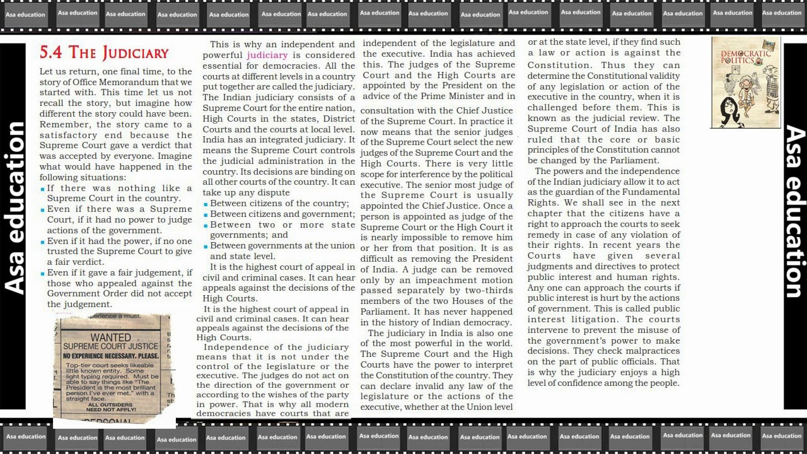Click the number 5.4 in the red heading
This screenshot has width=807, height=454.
pos(50,52)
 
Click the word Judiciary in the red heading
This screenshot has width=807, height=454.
pos(136,53)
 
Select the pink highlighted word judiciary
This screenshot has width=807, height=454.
pos(267,55)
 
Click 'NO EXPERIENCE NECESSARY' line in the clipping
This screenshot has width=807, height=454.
pos(111,356)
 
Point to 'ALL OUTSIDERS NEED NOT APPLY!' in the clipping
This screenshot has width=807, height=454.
pos(110,407)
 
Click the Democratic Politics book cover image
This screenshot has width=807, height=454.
pos(745,82)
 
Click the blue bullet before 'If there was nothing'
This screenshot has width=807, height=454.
pos(42,189)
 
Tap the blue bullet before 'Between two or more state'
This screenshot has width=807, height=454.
pos(206,225)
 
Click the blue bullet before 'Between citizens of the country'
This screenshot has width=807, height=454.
pos(206,204)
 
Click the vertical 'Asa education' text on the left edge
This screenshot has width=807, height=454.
pos(14,208)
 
